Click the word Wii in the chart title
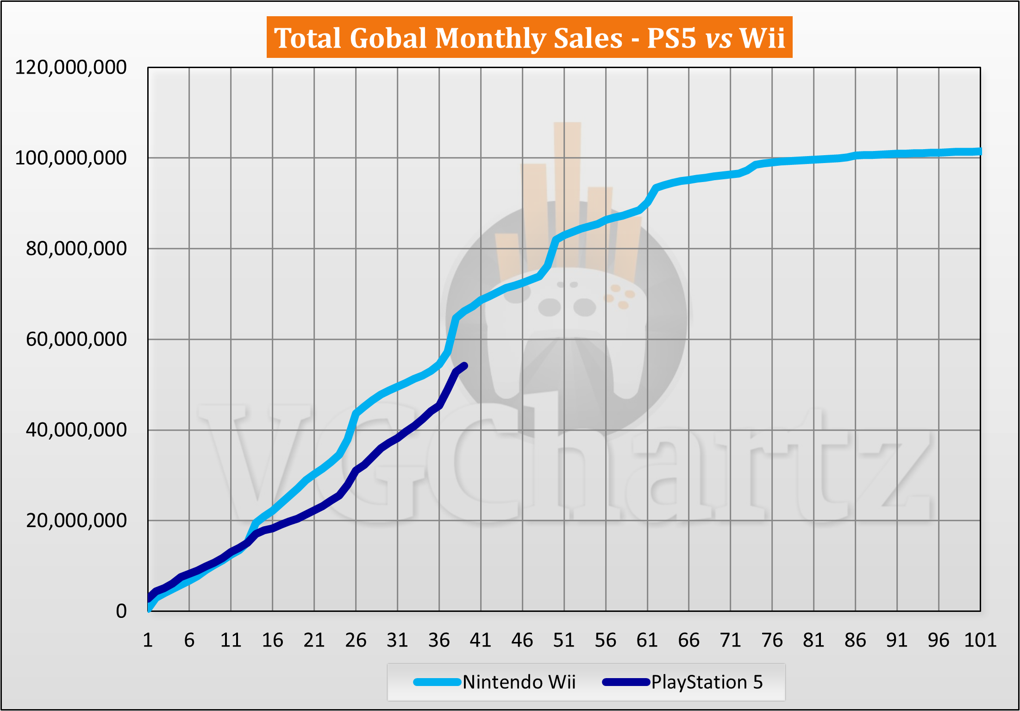coord(762,38)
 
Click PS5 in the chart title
coord(671,38)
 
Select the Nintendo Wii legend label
coord(519,682)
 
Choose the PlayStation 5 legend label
coord(707,682)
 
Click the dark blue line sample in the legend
coord(626,682)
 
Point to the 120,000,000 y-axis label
coord(71,68)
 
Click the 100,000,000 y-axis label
coord(71,158)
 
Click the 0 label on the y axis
coord(121,611)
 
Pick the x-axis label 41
coord(481,640)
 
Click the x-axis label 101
coord(980,640)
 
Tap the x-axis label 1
coord(148,640)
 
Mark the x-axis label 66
coord(688,640)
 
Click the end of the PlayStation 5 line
coord(465,365)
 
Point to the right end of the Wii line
coord(979,151)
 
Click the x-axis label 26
coord(356,640)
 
